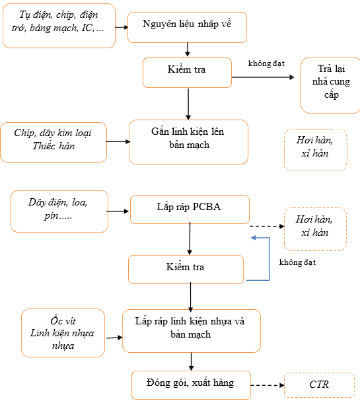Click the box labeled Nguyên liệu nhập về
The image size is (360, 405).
[x=187, y=27]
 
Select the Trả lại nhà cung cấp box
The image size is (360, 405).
[x=330, y=85]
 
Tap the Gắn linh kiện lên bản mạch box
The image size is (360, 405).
[x=188, y=142]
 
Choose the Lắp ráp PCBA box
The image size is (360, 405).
[x=190, y=209]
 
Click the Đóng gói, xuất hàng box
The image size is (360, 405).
[x=191, y=385]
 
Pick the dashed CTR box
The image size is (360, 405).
[x=320, y=385]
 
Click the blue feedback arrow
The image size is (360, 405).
[x=270, y=258]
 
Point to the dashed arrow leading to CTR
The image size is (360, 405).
[x=268, y=385]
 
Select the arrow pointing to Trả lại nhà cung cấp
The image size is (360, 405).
[x=263, y=77]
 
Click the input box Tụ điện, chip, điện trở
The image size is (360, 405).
[x=59, y=26]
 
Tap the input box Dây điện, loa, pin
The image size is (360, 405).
[x=59, y=211]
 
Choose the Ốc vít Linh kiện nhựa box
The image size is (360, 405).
[x=63, y=333]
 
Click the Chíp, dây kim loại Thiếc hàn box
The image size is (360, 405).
[x=54, y=142]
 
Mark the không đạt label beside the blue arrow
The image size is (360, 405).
[x=297, y=262]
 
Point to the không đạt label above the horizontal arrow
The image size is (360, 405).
[x=266, y=63]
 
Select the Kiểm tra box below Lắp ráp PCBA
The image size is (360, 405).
[x=186, y=270]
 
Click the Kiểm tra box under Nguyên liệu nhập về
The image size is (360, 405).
[x=187, y=73]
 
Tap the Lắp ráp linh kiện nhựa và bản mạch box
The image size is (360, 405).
[x=192, y=331]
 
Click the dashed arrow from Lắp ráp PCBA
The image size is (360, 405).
[x=267, y=226]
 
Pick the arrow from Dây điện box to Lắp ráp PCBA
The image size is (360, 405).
[x=118, y=211]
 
